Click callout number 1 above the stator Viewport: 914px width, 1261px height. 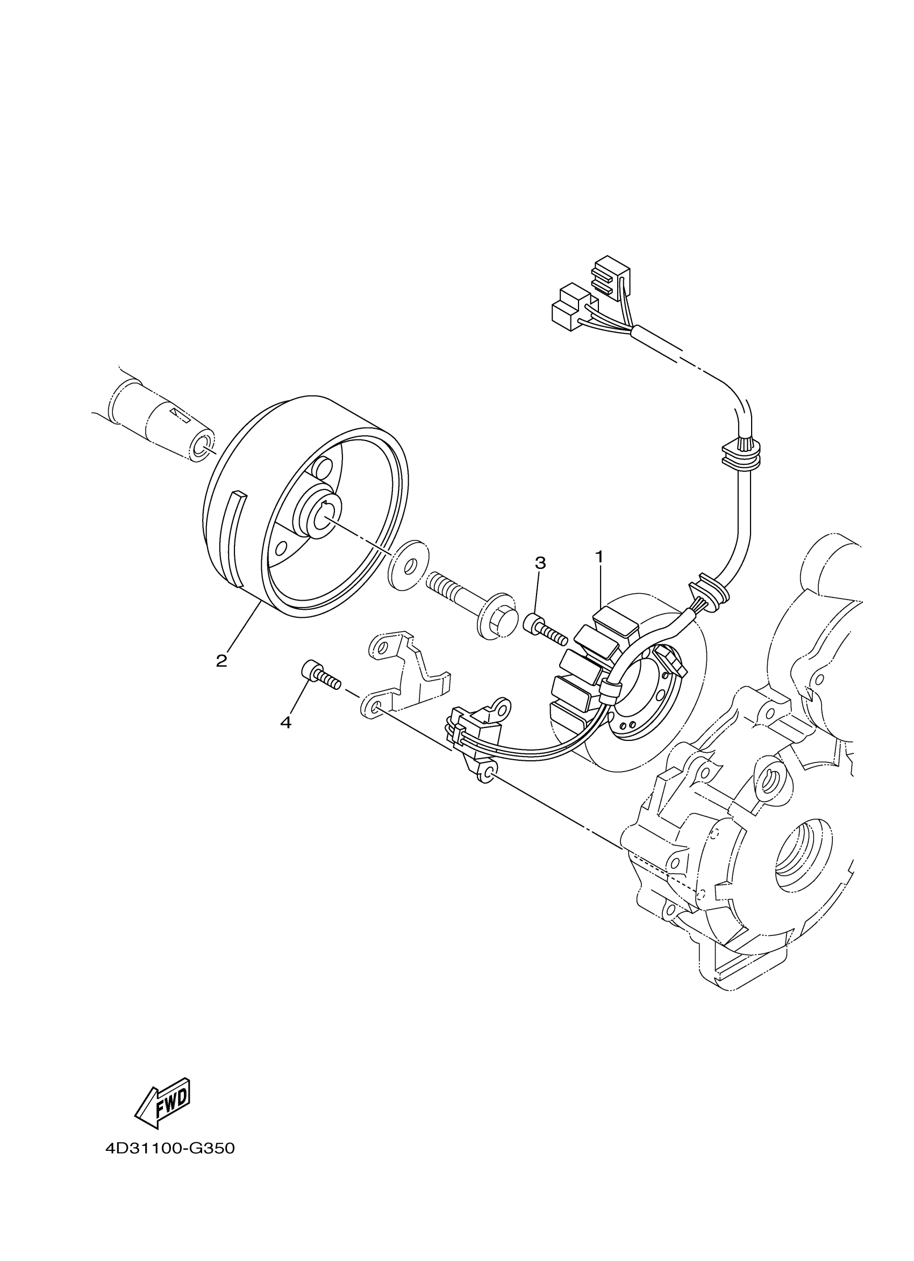click(x=599, y=556)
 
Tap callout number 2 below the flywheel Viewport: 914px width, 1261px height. click(x=222, y=661)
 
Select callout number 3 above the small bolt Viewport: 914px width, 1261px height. click(x=540, y=563)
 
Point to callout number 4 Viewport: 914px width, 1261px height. click(x=286, y=722)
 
